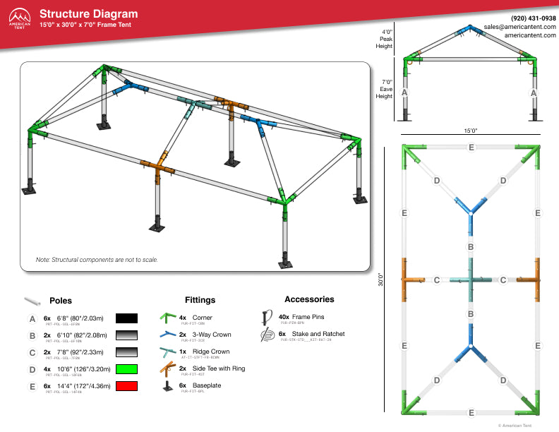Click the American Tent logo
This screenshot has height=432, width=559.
(x=19, y=18)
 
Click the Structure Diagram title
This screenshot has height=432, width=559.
(x=89, y=14)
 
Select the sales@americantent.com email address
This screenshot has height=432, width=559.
(x=519, y=26)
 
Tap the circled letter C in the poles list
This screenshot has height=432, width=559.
(x=32, y=352)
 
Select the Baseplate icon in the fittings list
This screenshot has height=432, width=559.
(x=167, y=385)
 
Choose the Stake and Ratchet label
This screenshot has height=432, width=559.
(x=313, y=334)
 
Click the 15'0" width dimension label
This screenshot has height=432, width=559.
(x=471, y=131)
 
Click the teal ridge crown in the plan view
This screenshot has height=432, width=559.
(x=470, y=280)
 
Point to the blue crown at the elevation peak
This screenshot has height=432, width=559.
(x=469, y=30)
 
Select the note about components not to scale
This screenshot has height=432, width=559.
(x=97, y=260)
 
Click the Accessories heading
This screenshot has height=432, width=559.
(x=309, y=299)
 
